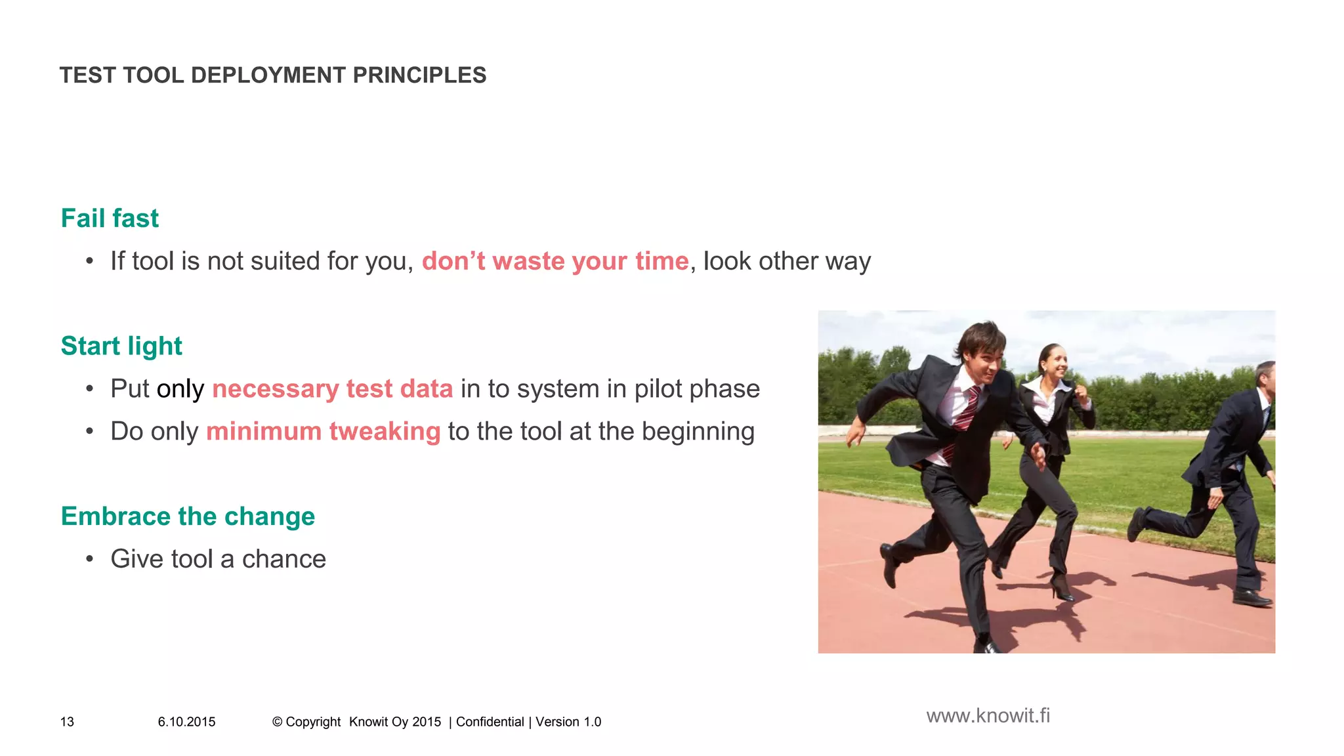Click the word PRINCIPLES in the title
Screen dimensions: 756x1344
coord(419,75)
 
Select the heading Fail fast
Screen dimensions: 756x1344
coord(110,219)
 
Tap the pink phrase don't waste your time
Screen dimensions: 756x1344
coord(555,261)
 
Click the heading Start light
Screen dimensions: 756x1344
coord(121,346)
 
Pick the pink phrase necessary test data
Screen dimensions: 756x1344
coord(332,389)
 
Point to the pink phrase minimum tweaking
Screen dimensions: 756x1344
coord(323,432)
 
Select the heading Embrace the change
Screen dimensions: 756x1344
coord(188,516)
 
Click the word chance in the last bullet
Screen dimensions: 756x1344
coord(283,559)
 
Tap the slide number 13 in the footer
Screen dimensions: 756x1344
coord(67,722)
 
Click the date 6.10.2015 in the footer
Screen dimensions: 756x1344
coord(186,722)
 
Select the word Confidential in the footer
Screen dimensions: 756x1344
coord(490,722)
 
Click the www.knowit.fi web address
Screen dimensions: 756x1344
coord(988,716)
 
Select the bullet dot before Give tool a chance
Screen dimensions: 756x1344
coord(89,560)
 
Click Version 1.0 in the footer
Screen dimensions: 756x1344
coord(568,722)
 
